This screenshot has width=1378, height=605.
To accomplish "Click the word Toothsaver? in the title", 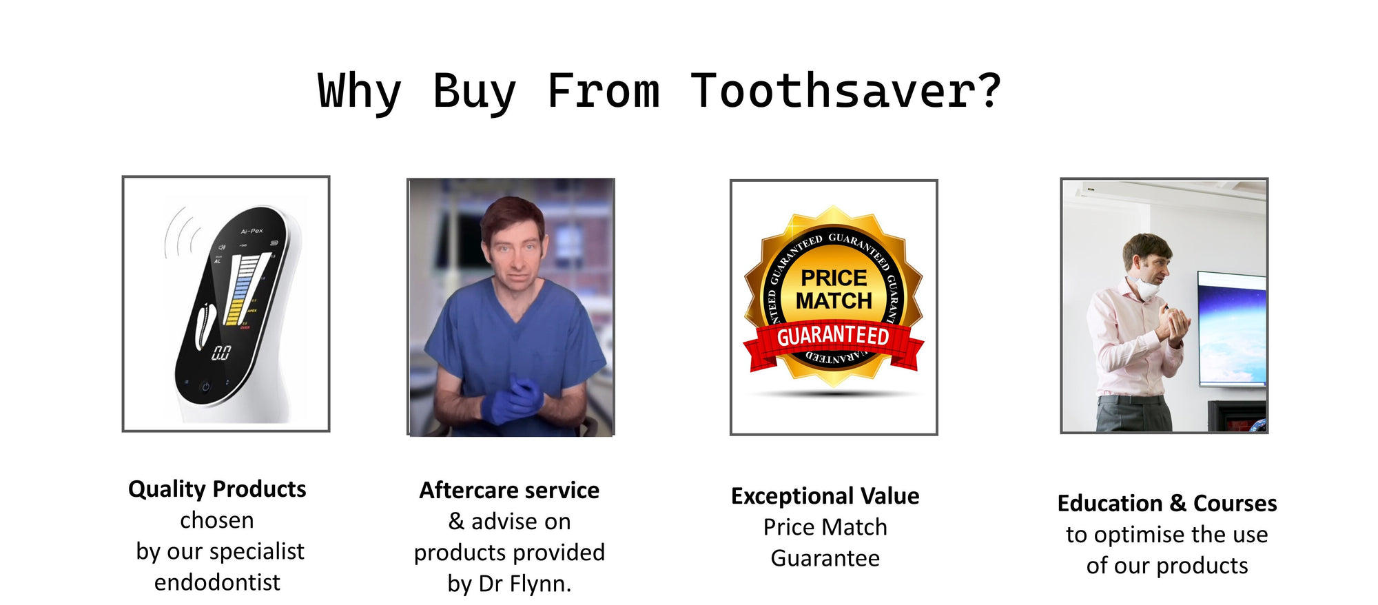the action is [x=846, y=91].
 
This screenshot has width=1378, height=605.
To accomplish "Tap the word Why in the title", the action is [x=359, y=92].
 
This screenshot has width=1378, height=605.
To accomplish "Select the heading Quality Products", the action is [x=217, y=489].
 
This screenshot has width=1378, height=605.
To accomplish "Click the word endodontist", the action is [x=217, y=582].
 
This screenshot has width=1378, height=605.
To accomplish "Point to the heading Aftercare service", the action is [x=509, y=490].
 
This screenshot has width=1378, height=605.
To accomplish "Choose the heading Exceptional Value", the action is [x=825, y=496].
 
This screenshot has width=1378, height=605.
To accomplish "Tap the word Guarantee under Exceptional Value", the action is [x=825, y=558].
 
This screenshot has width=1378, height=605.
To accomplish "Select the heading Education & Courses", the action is [x=1167, y=504].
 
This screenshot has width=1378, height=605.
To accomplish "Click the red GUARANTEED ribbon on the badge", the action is [x=833, y=341].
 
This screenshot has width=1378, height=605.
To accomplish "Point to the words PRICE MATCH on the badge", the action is [x=834, y=289].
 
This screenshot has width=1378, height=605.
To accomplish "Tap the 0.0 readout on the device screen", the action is [x=220, y=353].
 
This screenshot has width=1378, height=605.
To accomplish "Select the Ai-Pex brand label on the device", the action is [x=251, y=231].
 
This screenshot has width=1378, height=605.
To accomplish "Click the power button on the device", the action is [x=205, y=387].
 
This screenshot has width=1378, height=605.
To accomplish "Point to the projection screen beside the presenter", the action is [x=1232, y=329].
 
